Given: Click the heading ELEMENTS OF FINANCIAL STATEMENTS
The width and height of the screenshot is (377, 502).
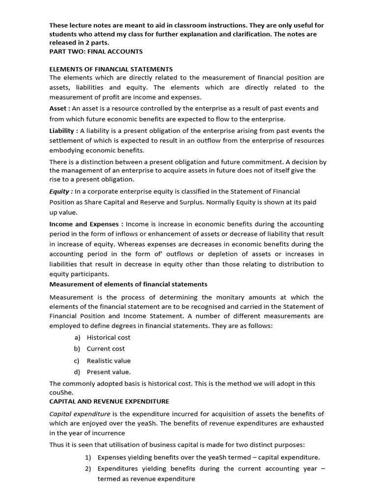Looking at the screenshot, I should click(x=111, y=69).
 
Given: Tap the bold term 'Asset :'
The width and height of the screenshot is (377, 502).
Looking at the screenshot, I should click(x=60, y=108).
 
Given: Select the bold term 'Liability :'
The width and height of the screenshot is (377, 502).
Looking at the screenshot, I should click(x=64, y=130).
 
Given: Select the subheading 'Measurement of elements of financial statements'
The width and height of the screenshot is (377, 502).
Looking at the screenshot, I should click(x=128, y=284).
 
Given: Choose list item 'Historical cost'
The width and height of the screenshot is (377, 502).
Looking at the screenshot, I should click(x=108, y=337).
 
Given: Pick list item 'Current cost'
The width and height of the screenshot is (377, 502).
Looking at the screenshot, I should click(x=106, y=349).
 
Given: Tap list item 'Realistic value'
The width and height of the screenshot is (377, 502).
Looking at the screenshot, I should click(x=108, y=360).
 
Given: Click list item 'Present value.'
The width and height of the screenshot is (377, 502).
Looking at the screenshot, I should click(x=108, y=372).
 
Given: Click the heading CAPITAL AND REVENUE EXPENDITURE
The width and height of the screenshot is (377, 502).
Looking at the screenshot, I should click(x=109, y=401).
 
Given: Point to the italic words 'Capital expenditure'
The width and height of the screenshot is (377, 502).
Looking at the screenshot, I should click(x=82, y=414).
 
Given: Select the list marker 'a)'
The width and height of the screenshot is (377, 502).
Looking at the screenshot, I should click(x=77, y=337).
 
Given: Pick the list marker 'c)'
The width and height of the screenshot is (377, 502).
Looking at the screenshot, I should click(x=77, y=360).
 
